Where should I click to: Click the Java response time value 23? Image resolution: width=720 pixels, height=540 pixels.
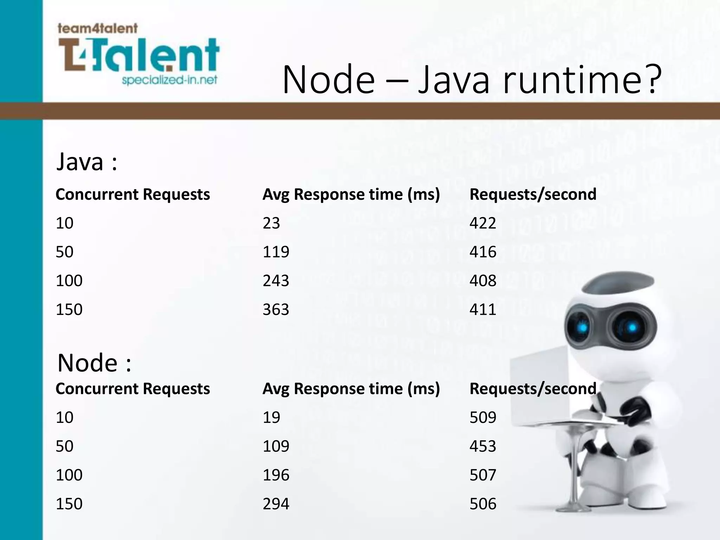pyautogui.click(x=271, y=223)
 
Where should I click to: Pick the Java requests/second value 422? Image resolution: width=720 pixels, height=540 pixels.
pyautogui.click(x=483, y=223)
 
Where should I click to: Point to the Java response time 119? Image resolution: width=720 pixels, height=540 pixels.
pyautogui.click(x=276, y=252)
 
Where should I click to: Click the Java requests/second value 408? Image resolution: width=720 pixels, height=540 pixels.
pyautogui.click(x=483, y=281)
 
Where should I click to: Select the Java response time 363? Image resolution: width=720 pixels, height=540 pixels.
pyautogui.click(x=276, y=309)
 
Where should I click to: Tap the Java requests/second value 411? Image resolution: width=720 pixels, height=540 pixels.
pyautogui.click(x=483, y=309)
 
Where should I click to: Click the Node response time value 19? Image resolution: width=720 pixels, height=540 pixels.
pyautogui.click(x=271, y=417)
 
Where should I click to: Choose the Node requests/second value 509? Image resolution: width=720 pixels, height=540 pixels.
pyautogui.click(x=483, y=417)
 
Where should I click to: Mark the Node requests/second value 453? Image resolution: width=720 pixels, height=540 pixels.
pyautogui.click(x=483, y=446)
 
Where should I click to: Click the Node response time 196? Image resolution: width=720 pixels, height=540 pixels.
pyautogui.click(x=276, y=475)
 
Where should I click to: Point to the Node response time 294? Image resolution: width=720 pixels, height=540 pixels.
pyautogui.click(x=276, y=504)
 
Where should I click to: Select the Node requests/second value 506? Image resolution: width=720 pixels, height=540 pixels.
pyautogui.click(x=483, y=504)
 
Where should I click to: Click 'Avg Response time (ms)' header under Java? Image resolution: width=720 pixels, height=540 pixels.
pyautogui.click(x=351, y=194)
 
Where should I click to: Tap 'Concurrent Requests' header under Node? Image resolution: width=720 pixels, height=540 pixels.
pyautogui.click(x=133, y=389)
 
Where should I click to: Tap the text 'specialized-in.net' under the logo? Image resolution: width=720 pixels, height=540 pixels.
pyautogui.click(x=169, y=81)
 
